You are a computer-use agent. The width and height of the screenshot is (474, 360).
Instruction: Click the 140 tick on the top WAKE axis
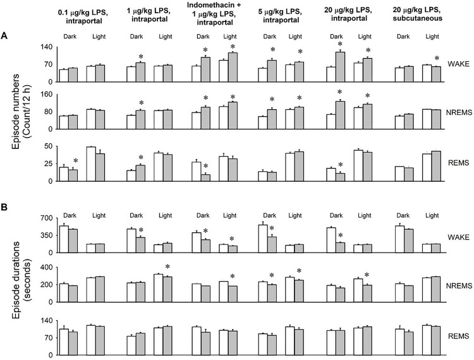(44, 47)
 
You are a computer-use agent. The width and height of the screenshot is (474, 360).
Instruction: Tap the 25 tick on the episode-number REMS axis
(46, 164)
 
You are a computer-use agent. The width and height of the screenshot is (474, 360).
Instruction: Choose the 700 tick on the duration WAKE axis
(44, 218)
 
